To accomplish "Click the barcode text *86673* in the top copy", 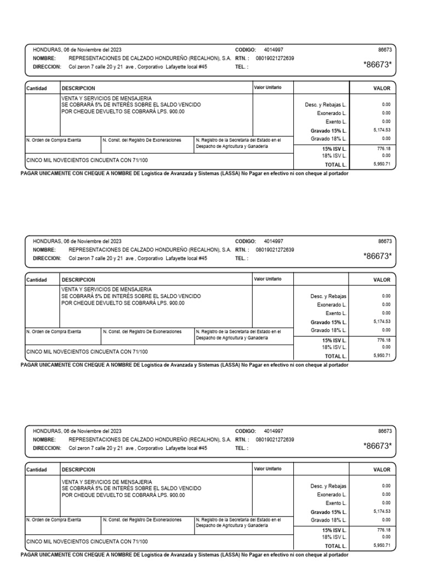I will [x=378, y=65].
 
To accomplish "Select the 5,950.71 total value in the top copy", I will [x=382, y=164].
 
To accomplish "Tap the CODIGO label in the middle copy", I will [x=246, y=241].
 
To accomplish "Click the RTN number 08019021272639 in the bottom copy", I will [x=275, y=440].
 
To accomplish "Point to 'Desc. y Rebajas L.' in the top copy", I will [x=327, y=104].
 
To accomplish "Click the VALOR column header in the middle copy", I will [x=382, y=279].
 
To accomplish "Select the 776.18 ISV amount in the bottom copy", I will [x=383, y=530].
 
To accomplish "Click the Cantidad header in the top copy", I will [x=37, y=88].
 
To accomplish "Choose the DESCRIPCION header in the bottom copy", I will [x=78, y=470].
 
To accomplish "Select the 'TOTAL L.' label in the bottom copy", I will [x=335, y=546].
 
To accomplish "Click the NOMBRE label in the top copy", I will [x=44, y=57].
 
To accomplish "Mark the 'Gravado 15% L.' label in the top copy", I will [x=328, y=131].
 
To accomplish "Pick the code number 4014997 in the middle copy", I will [x=274, y=241].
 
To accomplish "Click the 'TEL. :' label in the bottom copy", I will [x=241, y=448].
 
